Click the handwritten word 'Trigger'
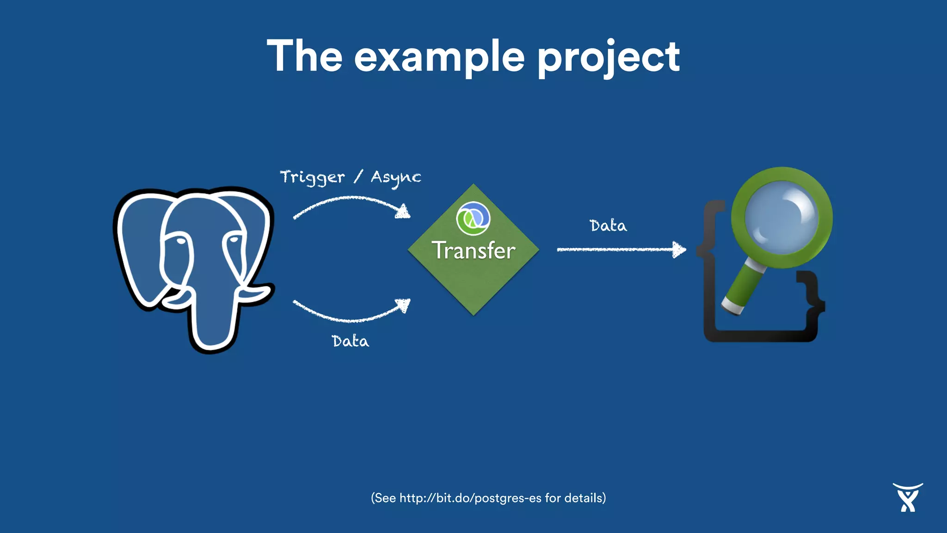[x=313, y=178]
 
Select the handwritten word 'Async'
[x=396, y=178]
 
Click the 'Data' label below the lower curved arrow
[x=351, y=341]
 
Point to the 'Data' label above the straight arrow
[x=608, y=226]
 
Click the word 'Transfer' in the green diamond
[x=473, y=251]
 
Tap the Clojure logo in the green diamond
[x=473, y=218]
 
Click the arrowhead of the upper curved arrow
[x=404, y=211]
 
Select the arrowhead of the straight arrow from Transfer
[x=679, y=249]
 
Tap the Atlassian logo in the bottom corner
[x=908, y=498]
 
